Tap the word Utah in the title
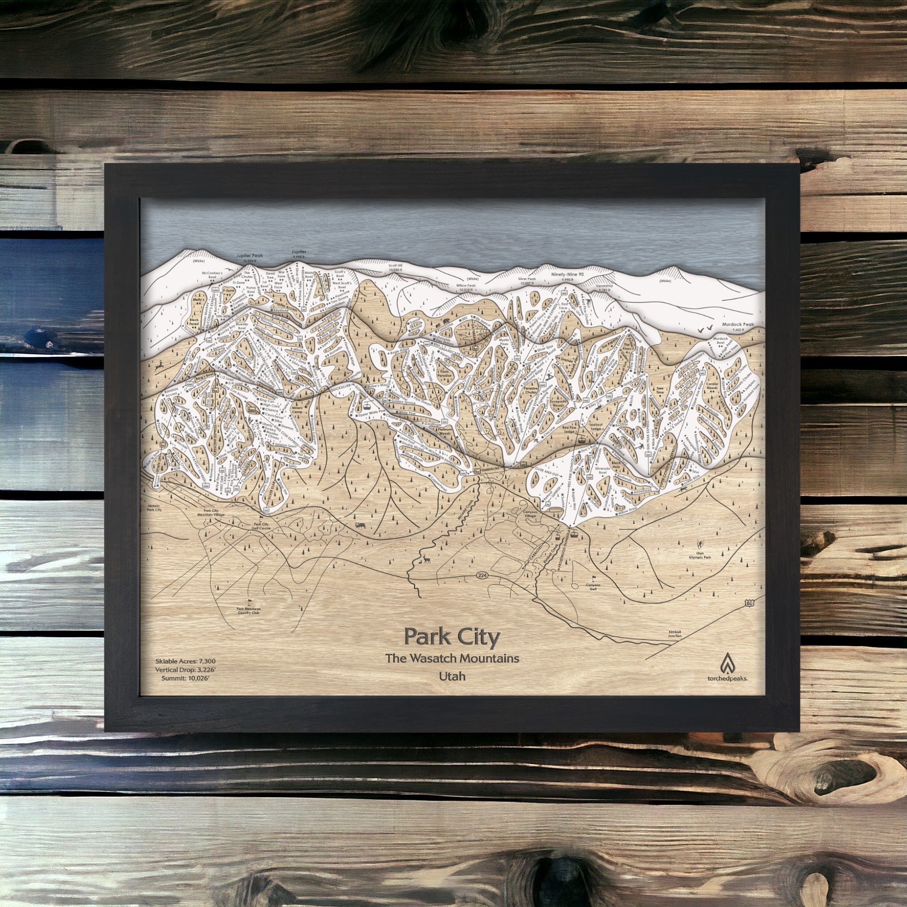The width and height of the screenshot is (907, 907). click(452, 677)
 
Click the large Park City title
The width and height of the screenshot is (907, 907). click(452, 637)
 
